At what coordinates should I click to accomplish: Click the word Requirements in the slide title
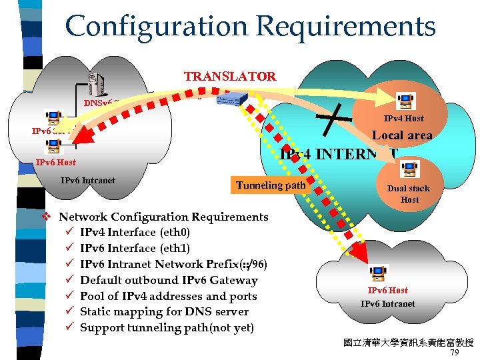coord(345,27)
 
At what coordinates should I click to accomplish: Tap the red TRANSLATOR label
coord(230,76)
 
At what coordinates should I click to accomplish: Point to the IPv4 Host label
coord(403,119)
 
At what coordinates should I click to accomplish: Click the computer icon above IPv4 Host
coord(404,100)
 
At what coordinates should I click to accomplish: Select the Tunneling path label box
coord(271,185)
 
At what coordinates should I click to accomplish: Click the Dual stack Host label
coord(409,194)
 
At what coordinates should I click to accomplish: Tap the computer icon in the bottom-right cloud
coord(378,273)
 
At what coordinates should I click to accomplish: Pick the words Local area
coord(401,135)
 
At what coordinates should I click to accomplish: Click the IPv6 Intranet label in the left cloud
coord(87,180)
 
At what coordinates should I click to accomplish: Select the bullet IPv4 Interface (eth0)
coord(135,233)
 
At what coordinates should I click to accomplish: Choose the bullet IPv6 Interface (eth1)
coord(135,248)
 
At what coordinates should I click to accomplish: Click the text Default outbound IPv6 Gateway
coord(168,280)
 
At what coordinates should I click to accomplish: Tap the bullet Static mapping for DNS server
coord(164,311)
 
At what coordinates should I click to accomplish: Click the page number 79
coord(455,353)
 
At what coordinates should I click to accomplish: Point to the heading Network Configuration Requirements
coord(163,217)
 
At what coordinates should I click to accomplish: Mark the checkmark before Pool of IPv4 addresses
coord(70,295)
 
